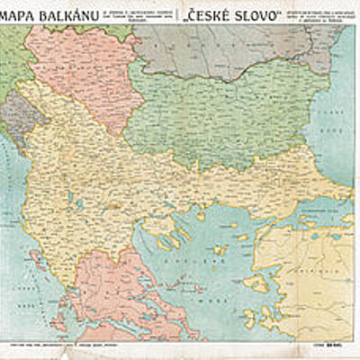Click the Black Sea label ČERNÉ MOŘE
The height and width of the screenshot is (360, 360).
[333, 121]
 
